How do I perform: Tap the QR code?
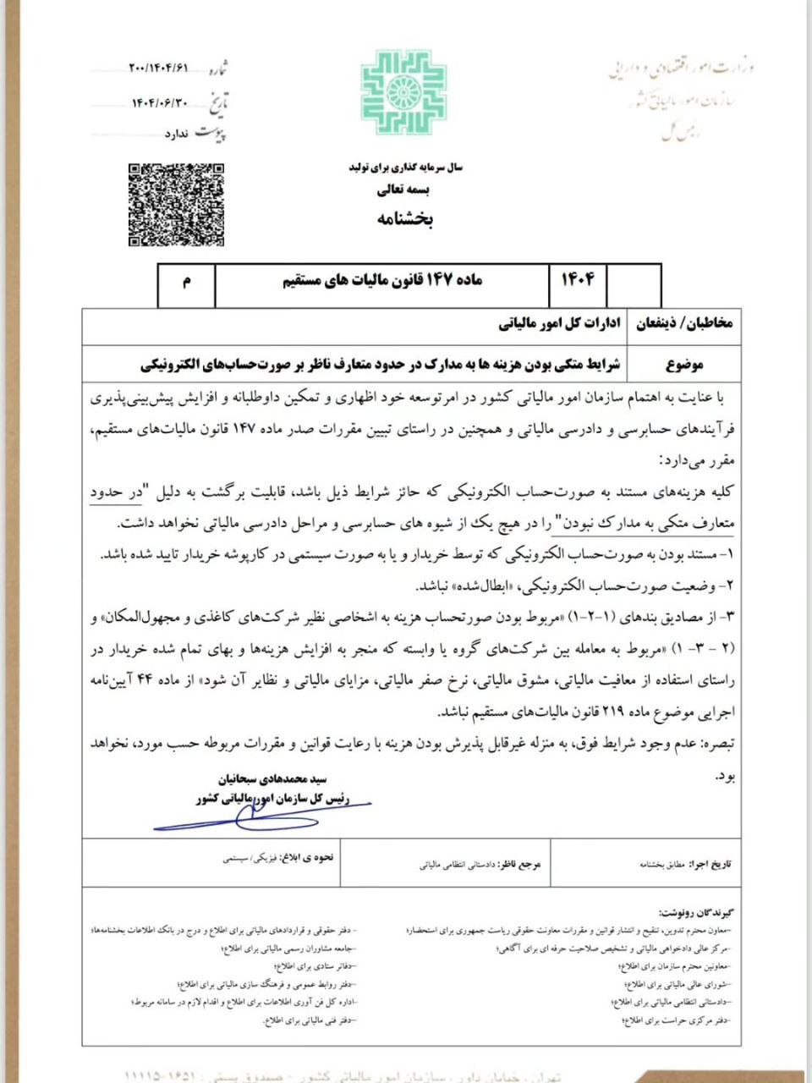176,204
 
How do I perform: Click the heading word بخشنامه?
404,219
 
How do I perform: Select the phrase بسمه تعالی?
404,190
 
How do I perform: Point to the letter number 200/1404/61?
158,68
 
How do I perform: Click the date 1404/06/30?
158,102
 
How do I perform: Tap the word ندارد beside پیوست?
175,134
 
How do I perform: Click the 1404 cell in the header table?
579,279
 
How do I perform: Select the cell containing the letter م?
187,281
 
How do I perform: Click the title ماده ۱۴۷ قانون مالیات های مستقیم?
382,280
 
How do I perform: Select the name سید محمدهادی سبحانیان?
272,778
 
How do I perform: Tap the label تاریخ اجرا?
710,865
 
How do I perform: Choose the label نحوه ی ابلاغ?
312,857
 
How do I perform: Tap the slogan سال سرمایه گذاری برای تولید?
405,168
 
